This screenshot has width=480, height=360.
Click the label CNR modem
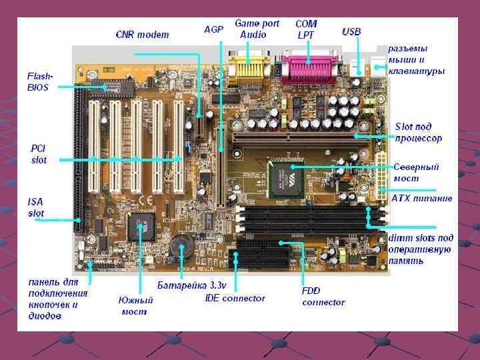pyautogui.click(x=142, y=34)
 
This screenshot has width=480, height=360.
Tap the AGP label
pyautogui.click(x=213, y=30)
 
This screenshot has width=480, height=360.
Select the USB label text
pyautogui.click(x=351, y=31)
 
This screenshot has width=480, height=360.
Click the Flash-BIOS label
pyautogui.click(x=37, y=81)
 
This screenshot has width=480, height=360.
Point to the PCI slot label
pyautogui.click(x=39, y=153)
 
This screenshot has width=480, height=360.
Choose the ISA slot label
pyautogui.click(x=36, y=207)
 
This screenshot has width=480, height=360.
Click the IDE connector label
pyautogui.click(x=235, y=298)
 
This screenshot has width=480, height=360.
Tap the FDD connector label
pyautogui.click(x=323, y=297)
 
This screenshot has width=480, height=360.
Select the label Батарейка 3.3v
pyautogui.click(x=192, y=285)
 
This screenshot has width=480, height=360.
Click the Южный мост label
pyautogui.click(x=136, y=306)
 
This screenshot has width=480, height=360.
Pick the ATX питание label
pyautogui.click(x=421, y=198)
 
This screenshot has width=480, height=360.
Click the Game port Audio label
pyautogui.click(x=257, y=29)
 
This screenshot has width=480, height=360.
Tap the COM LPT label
pyautogui.click(x=307, y=28)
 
